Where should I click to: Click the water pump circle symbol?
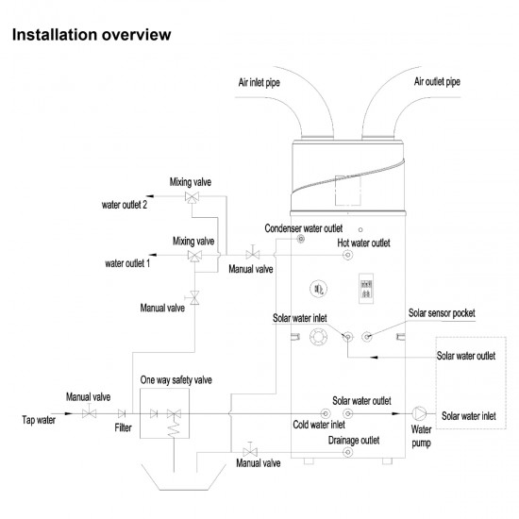tap(419, 413)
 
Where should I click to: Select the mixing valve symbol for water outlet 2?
tap(192, 197)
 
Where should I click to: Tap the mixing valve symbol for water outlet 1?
tap(194, 256)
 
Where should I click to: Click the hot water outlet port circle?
tap(347, 255)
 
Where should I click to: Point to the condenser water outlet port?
tap(300, 239)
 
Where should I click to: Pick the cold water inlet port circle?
tap(326, 413)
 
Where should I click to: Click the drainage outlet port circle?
tap(347, 452)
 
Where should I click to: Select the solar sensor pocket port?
tap(367, 337)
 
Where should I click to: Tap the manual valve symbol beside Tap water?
tap(89, 412)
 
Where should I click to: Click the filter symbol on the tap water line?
tap(122, 413)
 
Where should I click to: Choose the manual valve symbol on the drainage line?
tap(250, 450)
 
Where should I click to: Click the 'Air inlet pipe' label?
tap(259, 82)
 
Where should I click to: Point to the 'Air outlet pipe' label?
tap(437, 82)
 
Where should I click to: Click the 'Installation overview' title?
tap(92, 35)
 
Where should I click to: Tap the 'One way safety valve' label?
tap(176, 380)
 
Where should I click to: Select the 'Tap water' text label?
tap(39, 420)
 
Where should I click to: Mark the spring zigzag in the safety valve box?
tap(174, 428)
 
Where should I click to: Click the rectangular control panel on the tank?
tap(366, 289)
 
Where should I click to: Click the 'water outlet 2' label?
tap(125, 205)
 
